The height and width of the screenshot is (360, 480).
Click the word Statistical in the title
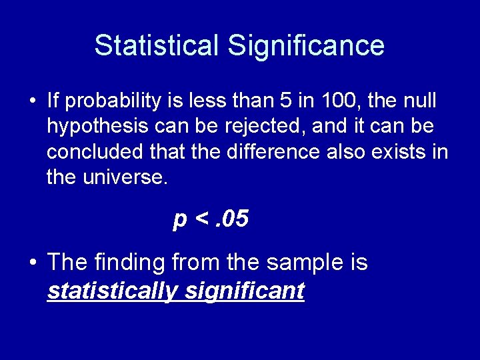point(157,46)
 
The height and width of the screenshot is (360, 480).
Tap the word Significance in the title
point(306,46)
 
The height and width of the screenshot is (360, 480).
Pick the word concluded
point(95,151)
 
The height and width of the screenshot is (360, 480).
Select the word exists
point(398,151)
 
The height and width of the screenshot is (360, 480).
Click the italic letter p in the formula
point(179,220)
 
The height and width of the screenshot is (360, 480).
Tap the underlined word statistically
point(112,291)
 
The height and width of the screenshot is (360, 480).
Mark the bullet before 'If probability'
point(33,102)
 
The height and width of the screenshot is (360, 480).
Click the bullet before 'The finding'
point(33,263)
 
